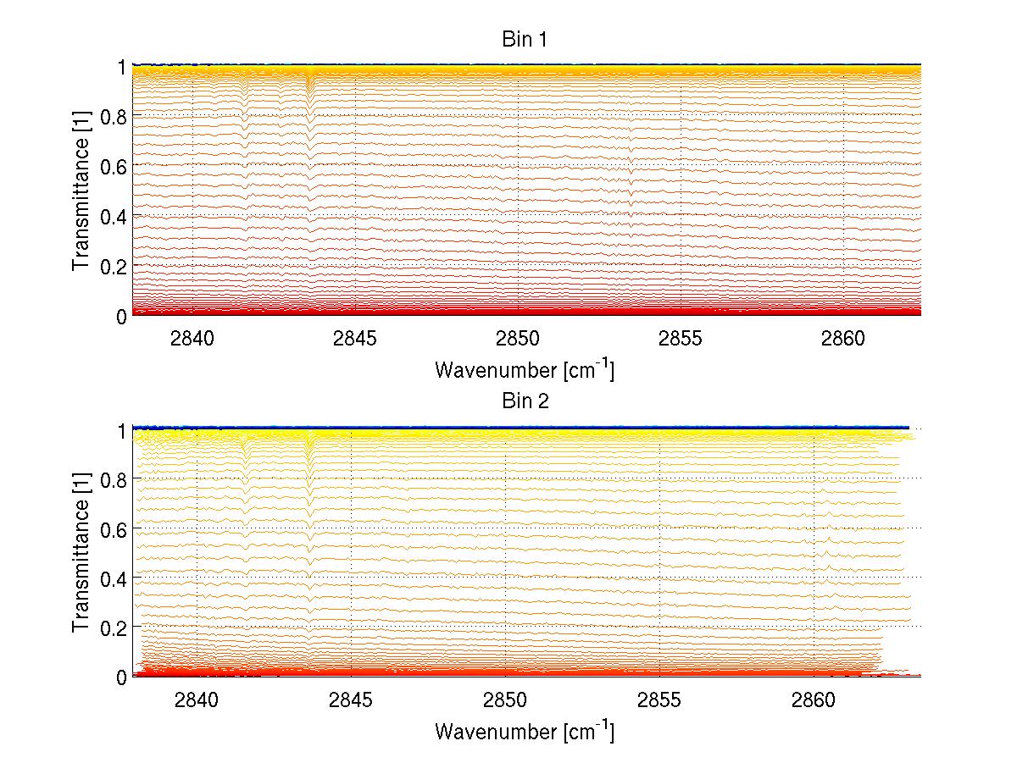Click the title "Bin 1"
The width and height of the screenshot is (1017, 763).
click(x=525, y=39)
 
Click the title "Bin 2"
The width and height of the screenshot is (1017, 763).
click(x=525, y=401)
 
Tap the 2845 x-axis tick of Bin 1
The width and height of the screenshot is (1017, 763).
click(x=355, y=339)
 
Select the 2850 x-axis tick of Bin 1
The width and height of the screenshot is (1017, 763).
click(x=518, y=339)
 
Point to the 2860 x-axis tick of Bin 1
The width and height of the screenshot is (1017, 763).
click(x=843, y=339)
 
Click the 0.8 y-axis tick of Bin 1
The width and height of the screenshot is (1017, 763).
click(x=114, y=116)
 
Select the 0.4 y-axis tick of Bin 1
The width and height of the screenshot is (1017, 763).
click(x=114, y=216)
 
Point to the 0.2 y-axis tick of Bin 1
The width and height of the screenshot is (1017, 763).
click(x=114, y=266)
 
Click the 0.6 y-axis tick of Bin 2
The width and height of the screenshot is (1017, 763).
click(x=114, y=528)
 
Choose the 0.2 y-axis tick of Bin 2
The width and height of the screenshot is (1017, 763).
click(x=114, y=628)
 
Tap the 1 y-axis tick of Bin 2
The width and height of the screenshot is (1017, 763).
click(x=122, y=430)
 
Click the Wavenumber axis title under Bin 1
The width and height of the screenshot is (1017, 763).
click(x=525, y=369)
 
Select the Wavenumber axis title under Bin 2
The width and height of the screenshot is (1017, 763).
click(x=525, y=731)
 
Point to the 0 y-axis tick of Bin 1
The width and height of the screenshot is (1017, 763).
click(x=122, y=316)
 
